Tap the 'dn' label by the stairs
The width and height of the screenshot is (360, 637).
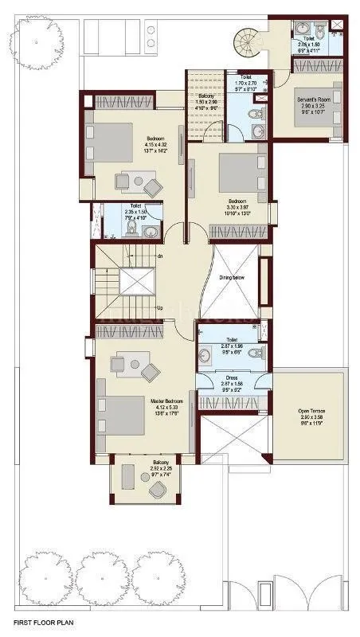pyautogui.click(x=159, y=256)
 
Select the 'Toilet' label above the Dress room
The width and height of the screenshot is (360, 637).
pyautogui.click(x=232, y=339)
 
